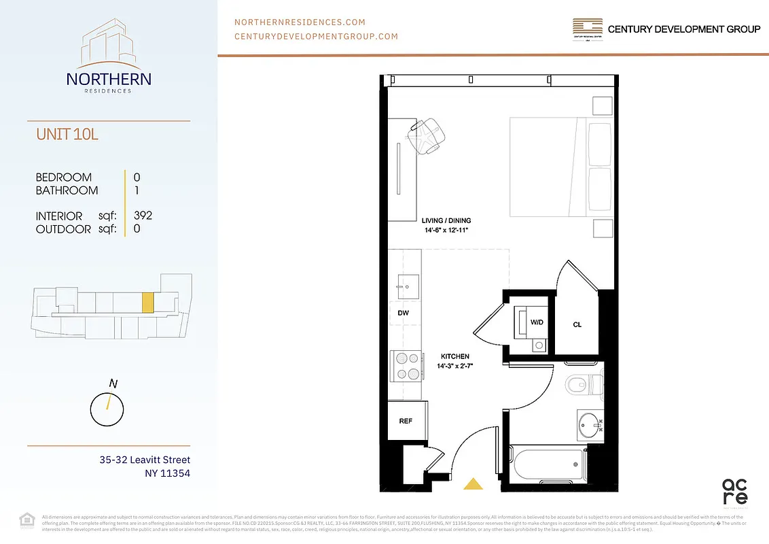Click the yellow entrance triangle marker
(x=473, y=484)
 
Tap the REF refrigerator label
(x=406, y=421)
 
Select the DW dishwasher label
(x=403, y=313)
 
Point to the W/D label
(x=537, y=322)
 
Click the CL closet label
(x=577, y=325)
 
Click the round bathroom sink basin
(x=589, y=427)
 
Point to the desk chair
(x=427, y=134)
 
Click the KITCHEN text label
(x=454, y=356)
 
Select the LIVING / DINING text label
(x=446, y=221)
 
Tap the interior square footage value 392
(x=143, y=216)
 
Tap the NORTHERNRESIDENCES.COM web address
(x=300, y=22)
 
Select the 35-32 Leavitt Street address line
(x=145, y=460)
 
